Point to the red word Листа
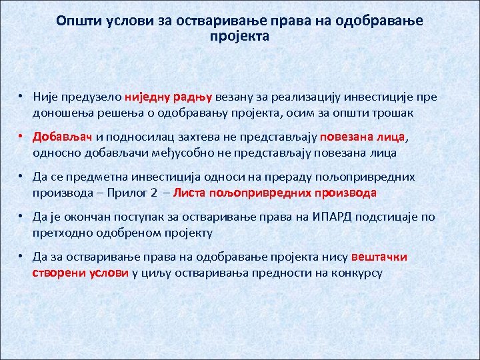[191, 193]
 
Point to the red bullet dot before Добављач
[21, 138]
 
